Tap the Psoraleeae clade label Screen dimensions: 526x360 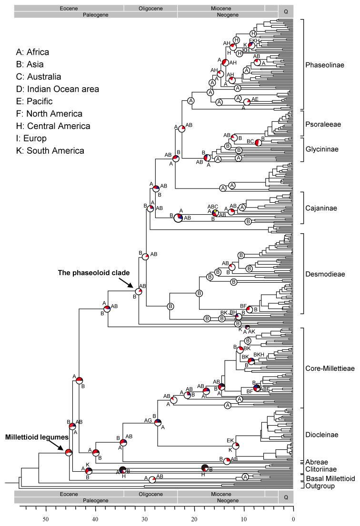(x=323, y=123)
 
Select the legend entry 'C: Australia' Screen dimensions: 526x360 (x=39, y=77)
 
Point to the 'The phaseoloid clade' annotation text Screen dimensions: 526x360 (x=92, y=273)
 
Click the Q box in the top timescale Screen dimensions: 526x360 (x=286, y=11)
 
